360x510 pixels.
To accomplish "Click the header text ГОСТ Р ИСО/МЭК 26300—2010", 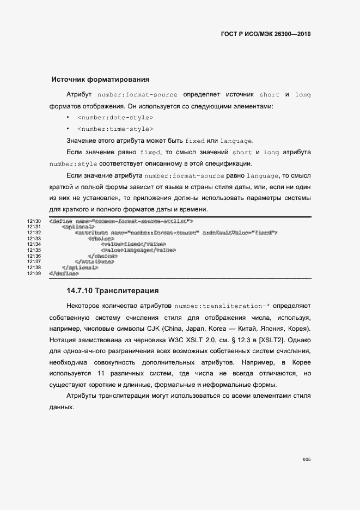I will coord(265,34).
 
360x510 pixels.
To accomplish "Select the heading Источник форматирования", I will coord(100,80).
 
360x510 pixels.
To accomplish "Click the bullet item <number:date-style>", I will coord(115,118).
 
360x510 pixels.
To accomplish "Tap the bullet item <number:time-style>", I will coord(115,129).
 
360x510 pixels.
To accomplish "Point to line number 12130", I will coord(34,221).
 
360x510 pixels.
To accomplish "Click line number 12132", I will coord(34,233).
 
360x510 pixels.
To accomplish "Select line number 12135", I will coord(34,250).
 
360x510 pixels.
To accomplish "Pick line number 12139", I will coord(34,274).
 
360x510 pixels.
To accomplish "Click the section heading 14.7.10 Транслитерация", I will coord(113,290).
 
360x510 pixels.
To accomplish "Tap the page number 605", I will coord(306,459).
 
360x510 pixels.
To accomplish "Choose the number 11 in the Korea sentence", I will coord(100,374).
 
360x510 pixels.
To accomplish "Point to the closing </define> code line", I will coord(63,274).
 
